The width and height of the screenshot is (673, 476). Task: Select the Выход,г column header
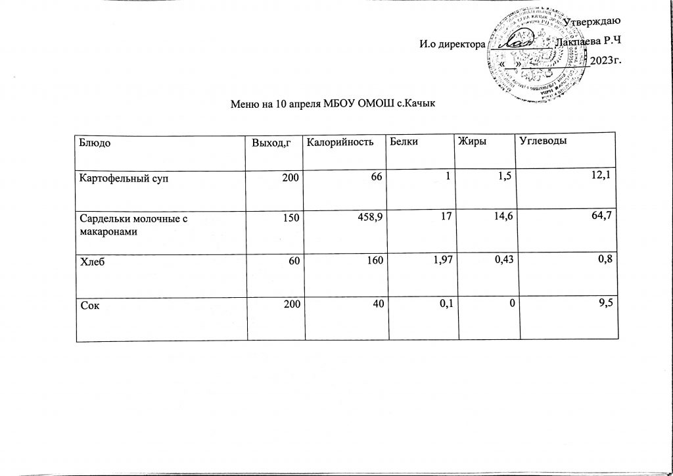(267, 142)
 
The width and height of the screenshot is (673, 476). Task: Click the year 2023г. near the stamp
(606, 61)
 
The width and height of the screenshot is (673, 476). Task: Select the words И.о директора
(452, 44)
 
